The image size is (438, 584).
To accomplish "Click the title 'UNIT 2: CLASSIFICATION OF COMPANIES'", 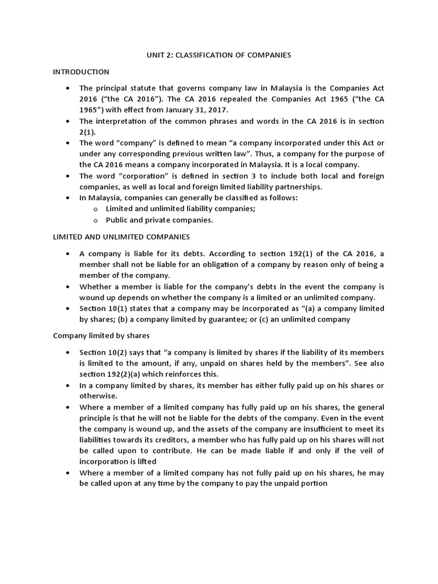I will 219,55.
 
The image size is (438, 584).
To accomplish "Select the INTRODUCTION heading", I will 81,72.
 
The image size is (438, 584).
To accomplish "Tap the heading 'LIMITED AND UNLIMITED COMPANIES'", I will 121,236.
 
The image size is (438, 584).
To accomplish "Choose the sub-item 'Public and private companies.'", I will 155,220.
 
